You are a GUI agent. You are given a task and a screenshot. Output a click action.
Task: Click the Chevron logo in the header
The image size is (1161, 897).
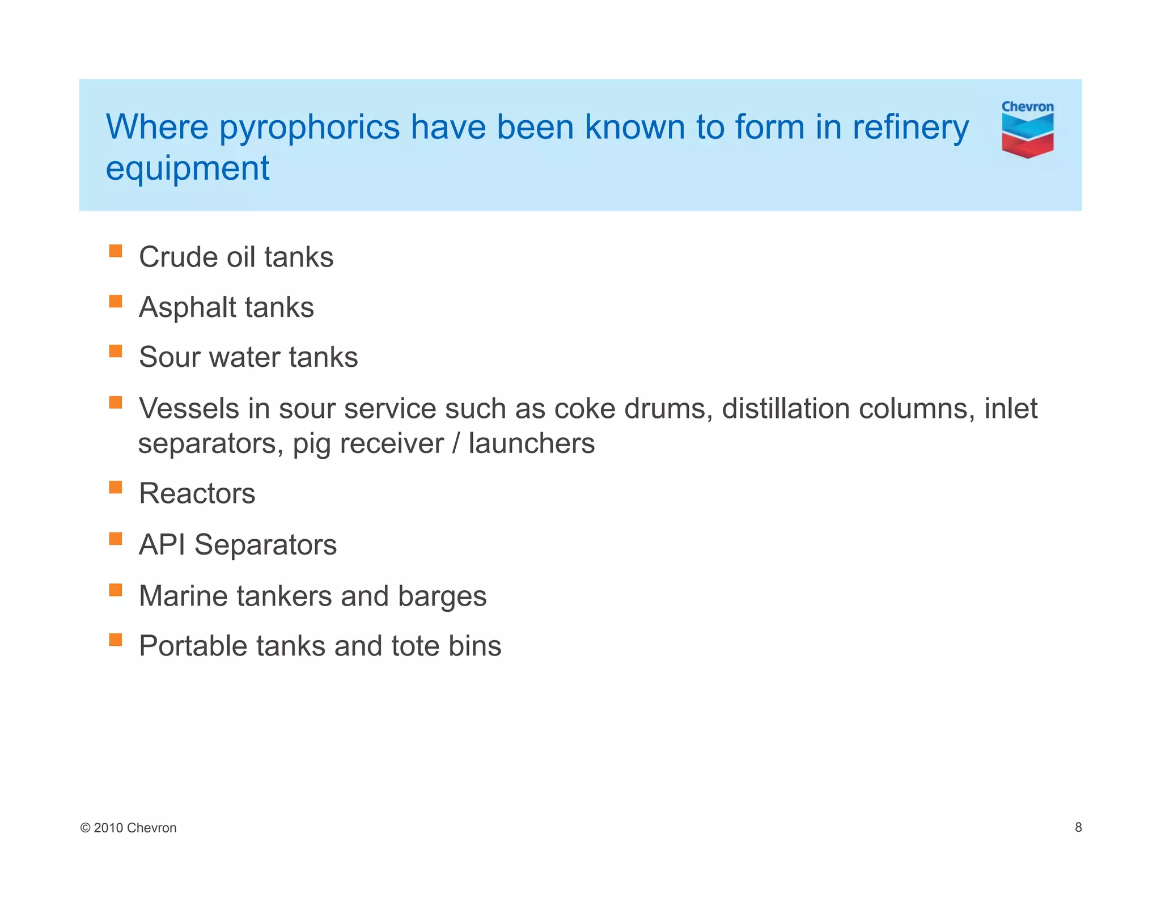coord(1027,129)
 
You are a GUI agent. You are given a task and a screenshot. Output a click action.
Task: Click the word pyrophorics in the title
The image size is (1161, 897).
coord(310,128)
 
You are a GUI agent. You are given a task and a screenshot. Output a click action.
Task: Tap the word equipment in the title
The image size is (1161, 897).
coord(188,168)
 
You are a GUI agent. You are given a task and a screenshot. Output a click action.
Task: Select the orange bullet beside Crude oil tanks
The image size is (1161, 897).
coord(116,251)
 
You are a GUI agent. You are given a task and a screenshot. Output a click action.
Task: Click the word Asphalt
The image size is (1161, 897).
coord(187,307)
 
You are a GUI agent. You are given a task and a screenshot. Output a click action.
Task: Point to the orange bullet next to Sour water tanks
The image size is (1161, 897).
coord(116,352)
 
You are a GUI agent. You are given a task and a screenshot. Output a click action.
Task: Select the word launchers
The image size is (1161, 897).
coord(531,443)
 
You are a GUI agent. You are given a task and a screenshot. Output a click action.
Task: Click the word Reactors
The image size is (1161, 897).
coord(197,493)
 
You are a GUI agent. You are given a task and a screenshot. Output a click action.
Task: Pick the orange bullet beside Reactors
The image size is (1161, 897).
coord(116,488)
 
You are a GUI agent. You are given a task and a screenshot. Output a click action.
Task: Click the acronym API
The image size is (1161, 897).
coord(162,545)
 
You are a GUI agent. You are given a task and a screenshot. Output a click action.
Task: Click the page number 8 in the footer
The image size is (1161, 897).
coord(1078,827)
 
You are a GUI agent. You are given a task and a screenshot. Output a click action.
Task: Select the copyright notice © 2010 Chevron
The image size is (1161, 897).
coord(129,828)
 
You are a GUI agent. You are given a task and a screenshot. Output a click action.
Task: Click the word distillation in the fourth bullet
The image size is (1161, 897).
coord(786,409)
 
